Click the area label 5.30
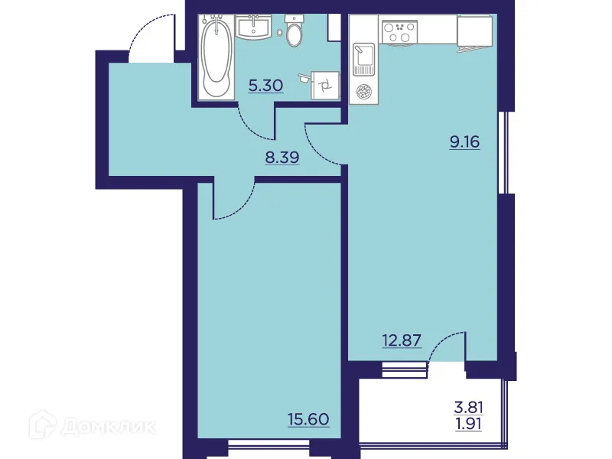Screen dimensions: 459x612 265,85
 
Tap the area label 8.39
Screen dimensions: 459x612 281,158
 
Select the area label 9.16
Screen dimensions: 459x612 464,142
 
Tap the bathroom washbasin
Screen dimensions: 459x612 252,28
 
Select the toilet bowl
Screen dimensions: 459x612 295,33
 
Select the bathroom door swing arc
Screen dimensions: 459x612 252,122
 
